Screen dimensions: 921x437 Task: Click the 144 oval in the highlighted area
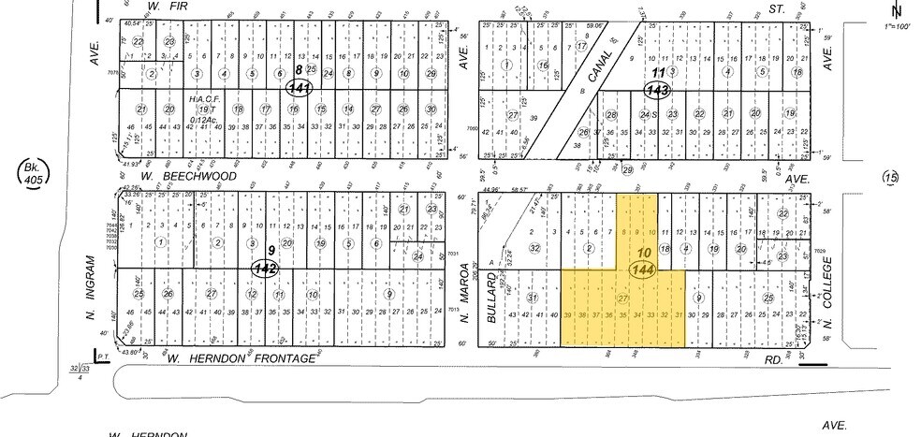642,269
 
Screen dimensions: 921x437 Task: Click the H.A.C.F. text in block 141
203,99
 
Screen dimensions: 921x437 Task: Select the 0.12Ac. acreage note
204,119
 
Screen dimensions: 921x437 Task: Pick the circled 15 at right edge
890,176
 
